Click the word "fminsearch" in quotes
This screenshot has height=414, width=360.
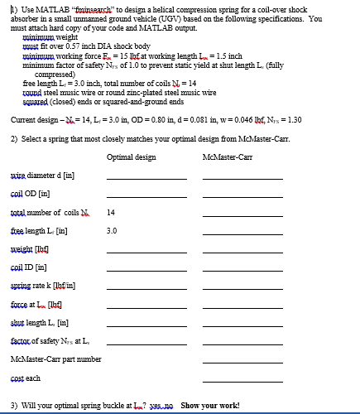point(92,7)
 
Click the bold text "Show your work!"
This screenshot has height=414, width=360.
point(210,405)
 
